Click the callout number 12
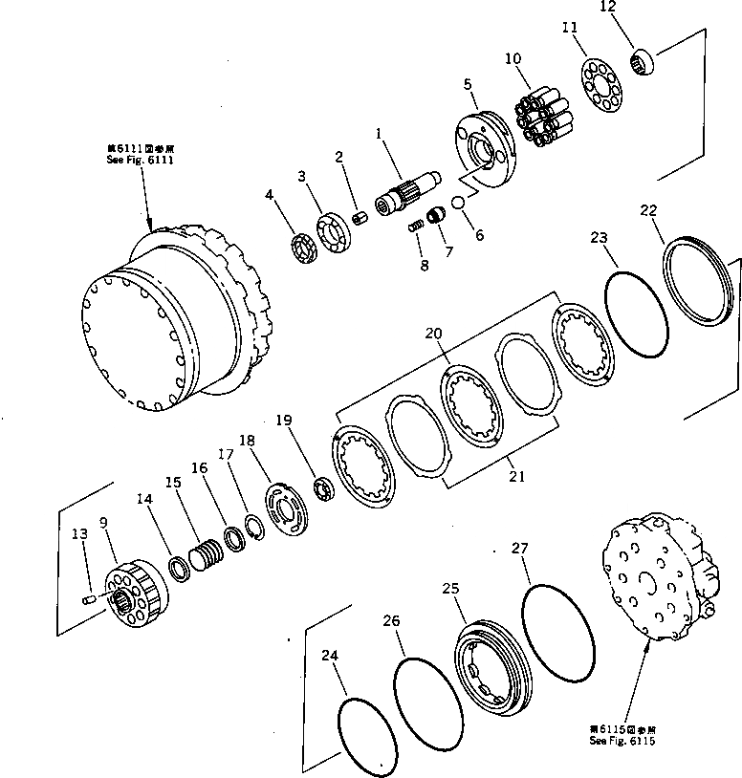636,8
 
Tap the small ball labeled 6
457,202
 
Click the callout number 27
519,549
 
